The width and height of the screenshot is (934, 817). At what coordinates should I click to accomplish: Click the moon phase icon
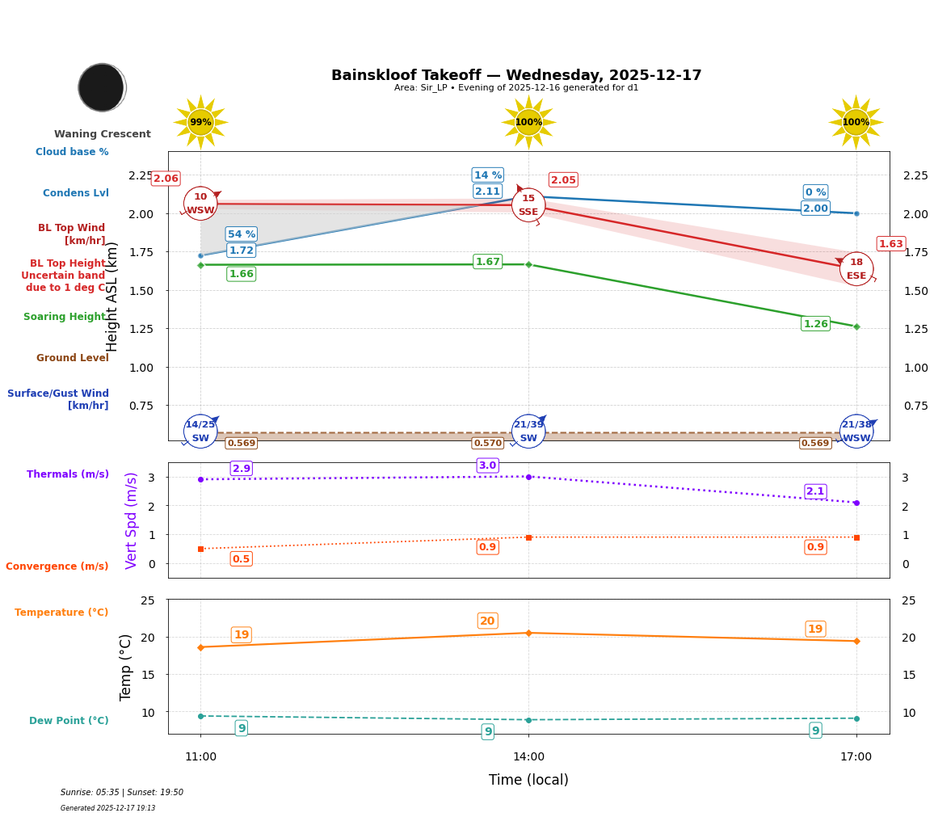102,87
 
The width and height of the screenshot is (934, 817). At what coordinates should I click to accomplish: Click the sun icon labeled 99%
200,122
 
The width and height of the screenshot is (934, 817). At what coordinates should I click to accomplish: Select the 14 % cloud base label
487,175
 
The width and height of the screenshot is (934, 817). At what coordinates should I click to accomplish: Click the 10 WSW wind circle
200,204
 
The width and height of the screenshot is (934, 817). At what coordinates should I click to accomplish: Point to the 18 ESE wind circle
856,269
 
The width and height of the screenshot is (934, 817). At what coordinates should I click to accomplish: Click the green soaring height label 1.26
815,324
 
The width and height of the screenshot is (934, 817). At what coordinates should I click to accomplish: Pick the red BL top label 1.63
890,244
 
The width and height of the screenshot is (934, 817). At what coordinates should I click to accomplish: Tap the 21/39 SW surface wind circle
528,432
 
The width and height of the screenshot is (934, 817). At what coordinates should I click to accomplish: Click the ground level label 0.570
487,444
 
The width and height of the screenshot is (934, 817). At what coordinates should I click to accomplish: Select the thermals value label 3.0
487,465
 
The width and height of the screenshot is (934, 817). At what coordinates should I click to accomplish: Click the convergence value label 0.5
241,559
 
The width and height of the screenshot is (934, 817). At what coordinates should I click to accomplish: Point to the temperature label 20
487,621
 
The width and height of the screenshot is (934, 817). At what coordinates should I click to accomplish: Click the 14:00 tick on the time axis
528,757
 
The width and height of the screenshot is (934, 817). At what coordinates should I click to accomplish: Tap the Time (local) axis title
528,780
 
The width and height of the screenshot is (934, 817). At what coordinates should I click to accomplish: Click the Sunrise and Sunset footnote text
122,793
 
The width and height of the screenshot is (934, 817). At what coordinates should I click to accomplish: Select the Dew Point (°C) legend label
69,721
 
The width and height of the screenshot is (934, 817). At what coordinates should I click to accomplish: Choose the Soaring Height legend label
65,317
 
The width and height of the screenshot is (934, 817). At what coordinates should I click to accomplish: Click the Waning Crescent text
103,134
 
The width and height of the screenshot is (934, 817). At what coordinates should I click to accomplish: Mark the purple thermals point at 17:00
856,503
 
